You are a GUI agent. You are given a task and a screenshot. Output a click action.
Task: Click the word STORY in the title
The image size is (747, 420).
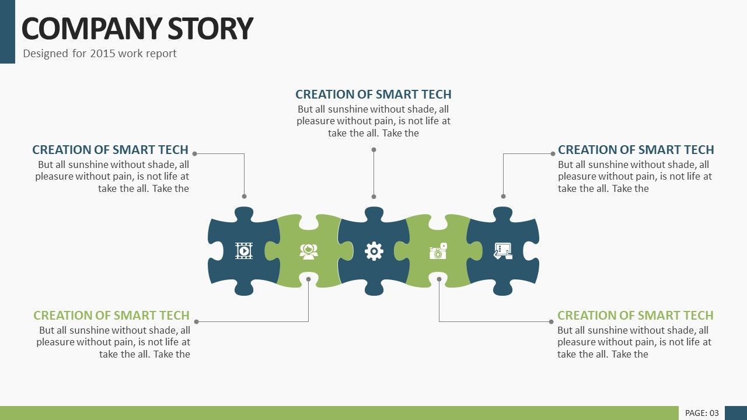[x=210, y=29]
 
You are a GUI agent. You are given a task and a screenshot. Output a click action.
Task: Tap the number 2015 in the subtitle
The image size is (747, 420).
[x=102, y=53]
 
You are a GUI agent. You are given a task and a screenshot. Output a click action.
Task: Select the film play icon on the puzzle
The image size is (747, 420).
[x=244, y=251]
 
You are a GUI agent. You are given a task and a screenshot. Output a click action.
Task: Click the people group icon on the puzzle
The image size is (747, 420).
[x=309, y=251]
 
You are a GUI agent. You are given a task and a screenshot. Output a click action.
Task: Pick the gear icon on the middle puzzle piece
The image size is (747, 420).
[x=374, y=251]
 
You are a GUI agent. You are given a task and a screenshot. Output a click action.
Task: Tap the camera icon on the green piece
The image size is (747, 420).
[x=438, y=251]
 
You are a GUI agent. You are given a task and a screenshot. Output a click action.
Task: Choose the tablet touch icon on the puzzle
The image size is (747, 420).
[x=503, y=251]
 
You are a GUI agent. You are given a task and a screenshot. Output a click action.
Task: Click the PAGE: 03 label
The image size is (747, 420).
[x=701, y=414]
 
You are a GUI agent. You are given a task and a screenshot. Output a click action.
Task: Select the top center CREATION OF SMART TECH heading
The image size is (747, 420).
[x=373, y=94]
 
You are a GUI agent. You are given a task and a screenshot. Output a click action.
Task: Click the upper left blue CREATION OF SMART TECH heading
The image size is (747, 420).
[x=110, y=150]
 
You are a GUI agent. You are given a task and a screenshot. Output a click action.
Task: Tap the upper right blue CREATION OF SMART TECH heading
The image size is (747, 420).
[x=636, y=150]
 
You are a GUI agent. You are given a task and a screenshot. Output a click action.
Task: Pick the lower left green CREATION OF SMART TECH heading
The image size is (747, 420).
[x=111, y=316]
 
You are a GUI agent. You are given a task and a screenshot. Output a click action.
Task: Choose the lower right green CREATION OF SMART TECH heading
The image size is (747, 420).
[x=636, y=316]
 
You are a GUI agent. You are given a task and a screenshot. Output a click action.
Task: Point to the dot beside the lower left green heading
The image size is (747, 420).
[x=197, y=321]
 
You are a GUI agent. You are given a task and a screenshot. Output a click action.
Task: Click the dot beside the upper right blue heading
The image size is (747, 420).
[x=553, y=153]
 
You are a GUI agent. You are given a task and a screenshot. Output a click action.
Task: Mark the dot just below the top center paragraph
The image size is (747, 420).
[x=374, y=150]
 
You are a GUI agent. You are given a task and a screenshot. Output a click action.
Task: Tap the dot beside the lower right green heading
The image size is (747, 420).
[x=551, y=321]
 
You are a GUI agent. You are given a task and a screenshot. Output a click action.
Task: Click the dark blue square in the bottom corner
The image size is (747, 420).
[x=736, y=413]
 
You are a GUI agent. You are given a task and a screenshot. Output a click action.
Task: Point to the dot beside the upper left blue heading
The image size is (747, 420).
[x=195, y=153]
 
